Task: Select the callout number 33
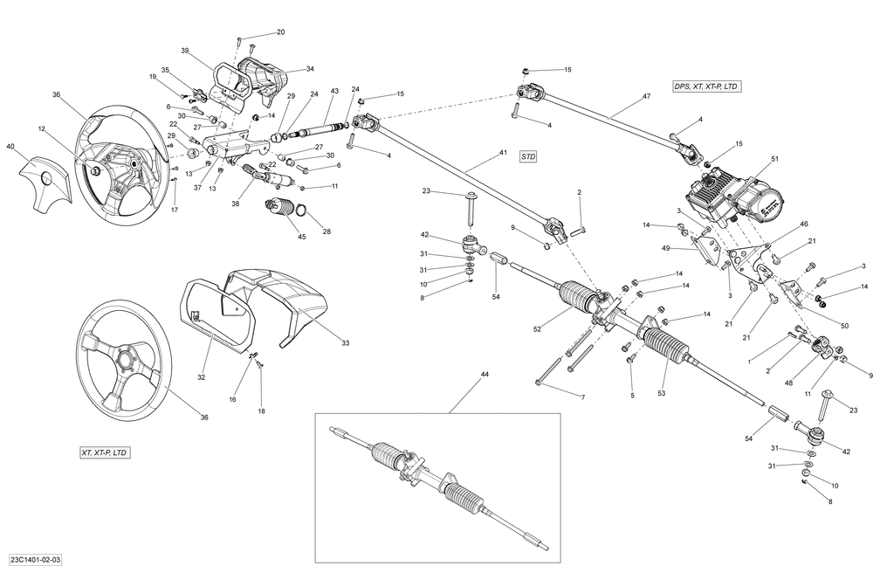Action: pyautogui.click(x=345, y=343)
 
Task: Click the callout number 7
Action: pyautogui.click(x=582, y=397)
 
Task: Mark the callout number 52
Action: pyautogui.click(x=539, y=328)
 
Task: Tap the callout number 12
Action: pyautogui.click(x=41, y=129)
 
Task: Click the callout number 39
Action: pyautogui.click(x=185, y=51)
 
